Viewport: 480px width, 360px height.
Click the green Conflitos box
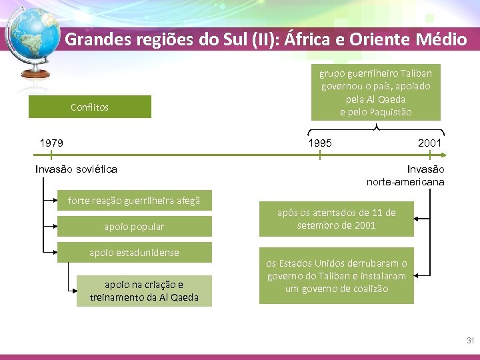[89, 107]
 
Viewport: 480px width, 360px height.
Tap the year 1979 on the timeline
[51, 143]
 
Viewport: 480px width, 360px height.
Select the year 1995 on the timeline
[319, 143]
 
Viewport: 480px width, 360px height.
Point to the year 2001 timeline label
[429, 143]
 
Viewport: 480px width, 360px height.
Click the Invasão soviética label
[76, 169]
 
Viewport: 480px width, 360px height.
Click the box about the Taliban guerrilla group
[376, 93]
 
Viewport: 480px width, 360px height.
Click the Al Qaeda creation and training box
[144, 291]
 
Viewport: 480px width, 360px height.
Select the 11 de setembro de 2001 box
[336, 219]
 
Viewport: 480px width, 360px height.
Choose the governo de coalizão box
[336, 276]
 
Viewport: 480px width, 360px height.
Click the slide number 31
[470, 341]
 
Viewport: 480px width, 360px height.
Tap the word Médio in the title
[443, 39]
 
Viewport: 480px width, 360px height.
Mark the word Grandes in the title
[93, 39]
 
